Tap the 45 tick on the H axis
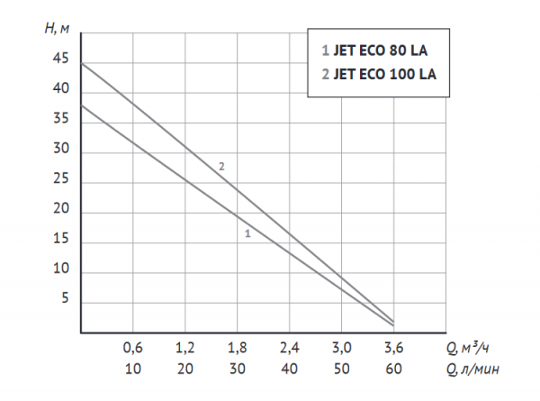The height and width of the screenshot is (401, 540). pos(60,59)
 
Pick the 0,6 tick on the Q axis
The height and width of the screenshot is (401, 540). pos(132,348)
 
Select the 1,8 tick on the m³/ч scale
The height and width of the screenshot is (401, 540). pos(238,348)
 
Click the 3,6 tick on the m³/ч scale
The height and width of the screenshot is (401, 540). pos(393,348)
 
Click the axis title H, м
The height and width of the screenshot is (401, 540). pos(56,27)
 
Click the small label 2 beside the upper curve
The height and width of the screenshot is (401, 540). pos(220,166)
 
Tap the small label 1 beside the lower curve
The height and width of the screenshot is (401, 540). pos(247,233)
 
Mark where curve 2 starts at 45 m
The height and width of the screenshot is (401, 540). pos(81,63)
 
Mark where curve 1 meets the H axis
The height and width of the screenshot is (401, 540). pos(81,105)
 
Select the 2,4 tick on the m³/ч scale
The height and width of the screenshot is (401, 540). pos(289,348)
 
